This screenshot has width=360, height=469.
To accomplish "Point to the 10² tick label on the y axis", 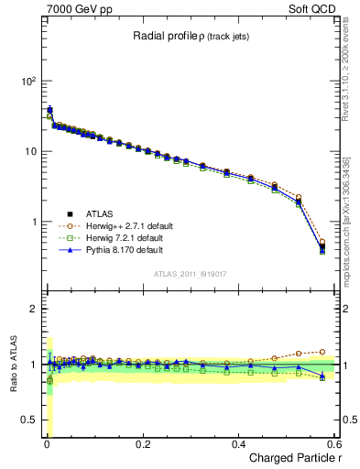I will pos(27,82).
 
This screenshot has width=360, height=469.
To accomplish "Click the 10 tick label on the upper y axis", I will pos(29,152).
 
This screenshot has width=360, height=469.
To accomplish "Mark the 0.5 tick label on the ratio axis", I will pos(27,420).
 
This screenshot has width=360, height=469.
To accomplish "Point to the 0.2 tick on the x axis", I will pos(142,443).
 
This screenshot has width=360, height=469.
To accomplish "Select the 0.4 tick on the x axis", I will pos(238,443).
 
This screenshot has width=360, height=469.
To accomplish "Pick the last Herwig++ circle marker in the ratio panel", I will pos(322,351).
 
